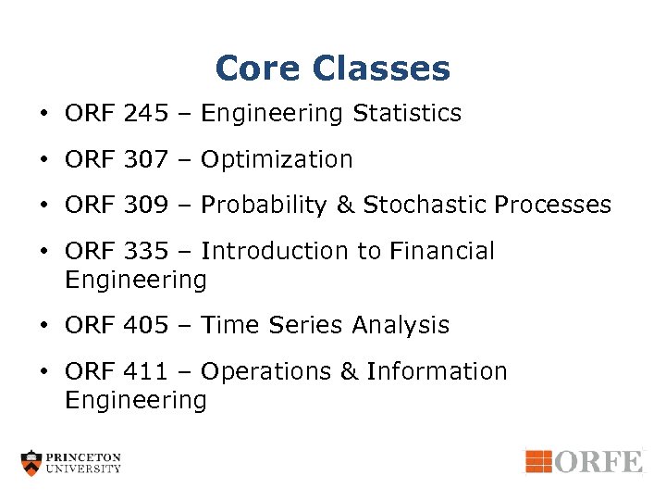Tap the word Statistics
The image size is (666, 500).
pyautogui.click(x=406, y=114)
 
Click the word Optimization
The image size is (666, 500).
pyautogui.click(x=277, y=160)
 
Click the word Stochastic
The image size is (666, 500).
pyautogui.click(x=425, y=205)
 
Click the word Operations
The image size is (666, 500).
pyautogui.click(x=267, y=372)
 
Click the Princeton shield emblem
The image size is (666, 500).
pyautogui.click(x=32, y=463)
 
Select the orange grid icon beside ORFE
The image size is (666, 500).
pyautogui.click(x=538, y=461)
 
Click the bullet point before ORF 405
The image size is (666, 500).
pyautogui.click(x=44, y=326)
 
